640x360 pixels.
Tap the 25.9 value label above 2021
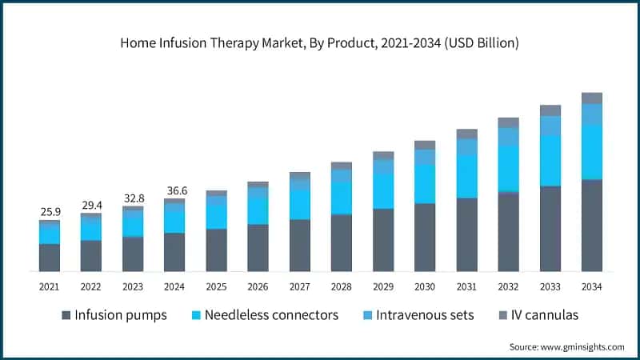pyautogui.click(x=50, y=211)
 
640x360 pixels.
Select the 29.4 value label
pyautogui.click(x=91, y=206)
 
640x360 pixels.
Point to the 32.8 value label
pyautogui.click(x=133, y=198)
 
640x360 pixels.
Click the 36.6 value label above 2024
pyautogui.click(x=174, y=190)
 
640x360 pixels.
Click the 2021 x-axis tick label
pyautogui.click(x=50, y=286)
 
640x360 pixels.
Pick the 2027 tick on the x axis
pyautogui.click(x=300, y=286)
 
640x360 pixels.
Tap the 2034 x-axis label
pyautogui.click(x=592, y=286)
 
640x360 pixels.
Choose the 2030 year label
pyautogui.click(x=425, y=286)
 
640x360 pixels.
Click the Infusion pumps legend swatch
pyautogui.click(x=66, y=315)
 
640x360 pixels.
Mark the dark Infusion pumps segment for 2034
pyautogui.click(x=592, y=226)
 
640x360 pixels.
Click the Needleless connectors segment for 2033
pyautogui.click(x=550, y=160)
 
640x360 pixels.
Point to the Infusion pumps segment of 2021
pyautogui.click(x=50, y=258)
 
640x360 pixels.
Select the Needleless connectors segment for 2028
pyautogui.click(x=342, y=198)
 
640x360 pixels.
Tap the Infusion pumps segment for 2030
pyautogui.click(x=425, y=238)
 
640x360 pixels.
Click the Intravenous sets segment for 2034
pyautogui.click(x=592, y=114)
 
